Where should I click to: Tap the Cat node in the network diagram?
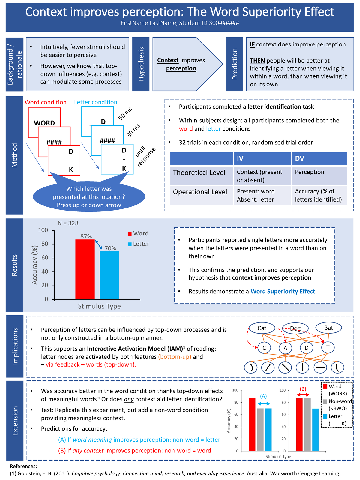(x=262, y=328)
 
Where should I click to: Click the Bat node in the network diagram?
(x=328, y=328)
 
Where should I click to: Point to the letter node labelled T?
(x=328, y=348)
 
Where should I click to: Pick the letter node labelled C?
(x=264, y=348)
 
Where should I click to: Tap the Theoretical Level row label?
(x=199, y=173)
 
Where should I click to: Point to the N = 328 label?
(x=68, y=223)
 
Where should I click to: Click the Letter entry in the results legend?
(x=141, y=244)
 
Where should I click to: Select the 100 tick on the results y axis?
(x=43, y=230)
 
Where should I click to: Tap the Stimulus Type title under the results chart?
(x=99, y=306)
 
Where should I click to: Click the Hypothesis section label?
(x=141, y=64)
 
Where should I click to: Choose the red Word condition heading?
(x=46, y=102)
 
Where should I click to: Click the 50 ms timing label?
(x=125, y=114)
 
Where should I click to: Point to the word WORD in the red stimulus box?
(x=44, y=123)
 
